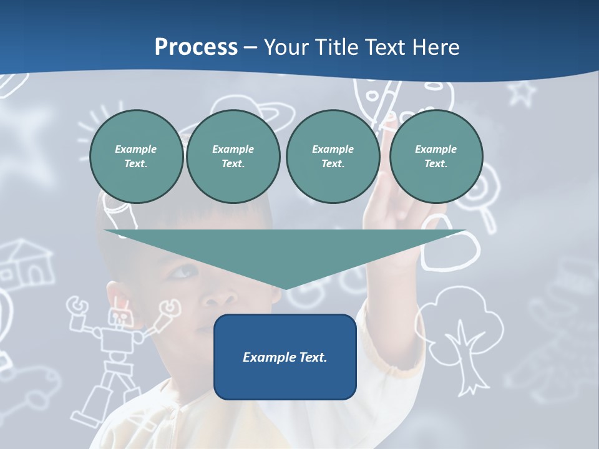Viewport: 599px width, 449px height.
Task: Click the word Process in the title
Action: click(196, 47)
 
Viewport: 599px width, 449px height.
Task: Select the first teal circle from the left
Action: click(136, 157)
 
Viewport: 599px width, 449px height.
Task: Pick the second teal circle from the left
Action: click(233, 157)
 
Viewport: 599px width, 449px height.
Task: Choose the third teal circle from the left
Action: click(333, 157)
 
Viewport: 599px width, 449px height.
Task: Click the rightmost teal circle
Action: click(436, 157)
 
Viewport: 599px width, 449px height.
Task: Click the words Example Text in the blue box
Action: click(285, 357)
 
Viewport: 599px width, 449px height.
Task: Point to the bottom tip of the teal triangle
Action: click(285, 288)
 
